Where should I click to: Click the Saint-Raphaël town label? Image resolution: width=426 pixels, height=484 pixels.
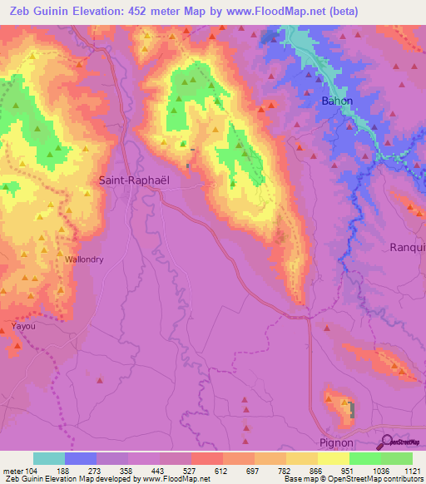click(134, 180)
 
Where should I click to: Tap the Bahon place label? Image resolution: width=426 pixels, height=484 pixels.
click(337, 101)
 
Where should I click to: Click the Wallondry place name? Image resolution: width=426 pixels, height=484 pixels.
click(84, 259)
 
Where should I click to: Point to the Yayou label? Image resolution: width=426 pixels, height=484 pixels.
click(24, 327)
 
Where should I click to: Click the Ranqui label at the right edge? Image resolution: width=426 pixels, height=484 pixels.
click(408, 247)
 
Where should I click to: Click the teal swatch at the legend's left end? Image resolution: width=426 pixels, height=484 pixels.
click(49, 458)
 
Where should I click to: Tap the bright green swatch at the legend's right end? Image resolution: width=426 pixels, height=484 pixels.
click(397, 458)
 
